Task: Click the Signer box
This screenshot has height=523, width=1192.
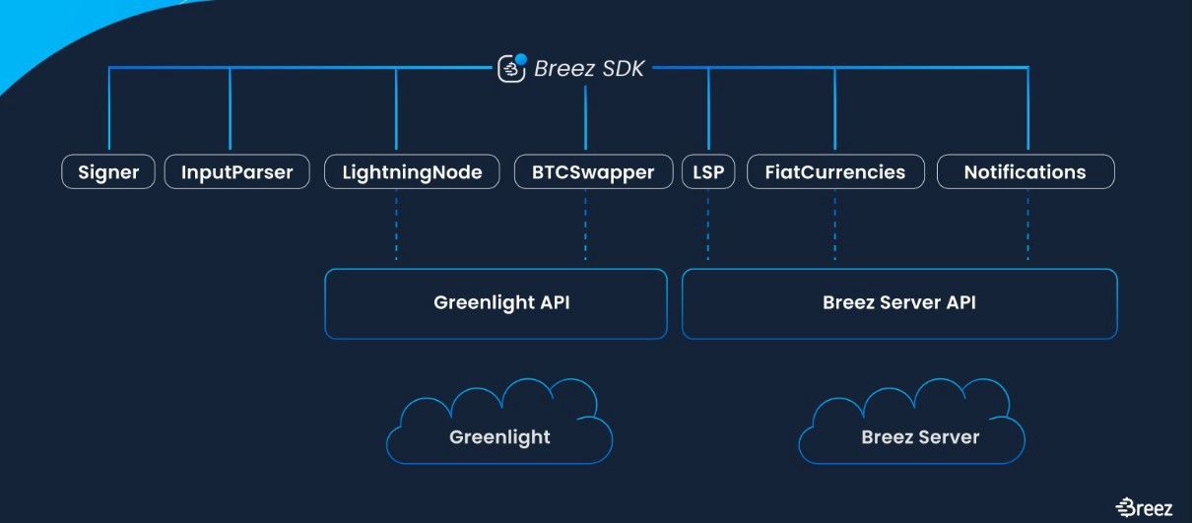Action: click(x=108, y=172)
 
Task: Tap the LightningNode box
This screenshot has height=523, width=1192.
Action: click(x=412, y=172)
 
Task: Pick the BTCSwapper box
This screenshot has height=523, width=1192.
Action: click(x=593, y=172)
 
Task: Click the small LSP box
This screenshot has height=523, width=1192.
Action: click(x=708, y=172)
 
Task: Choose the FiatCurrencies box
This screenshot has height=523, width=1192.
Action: click(x=835, y=172)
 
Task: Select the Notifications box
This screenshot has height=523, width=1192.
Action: click(x=1025, y=172)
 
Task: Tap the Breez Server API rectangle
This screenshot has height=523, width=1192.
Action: click(x=899, y=303)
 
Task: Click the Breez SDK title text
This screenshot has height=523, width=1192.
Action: click(x=589, y=69)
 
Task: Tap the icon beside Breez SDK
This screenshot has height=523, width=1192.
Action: click(x=511, y=67)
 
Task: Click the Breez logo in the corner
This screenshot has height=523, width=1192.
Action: click(x=1144, y=507)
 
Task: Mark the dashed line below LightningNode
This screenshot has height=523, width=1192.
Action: click(x=396, y=227)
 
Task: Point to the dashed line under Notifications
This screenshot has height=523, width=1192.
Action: click(x=1027, y=227)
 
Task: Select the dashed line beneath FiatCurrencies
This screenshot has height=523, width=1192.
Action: click(x=834, y=227)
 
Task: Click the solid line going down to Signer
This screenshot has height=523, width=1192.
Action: click(x=108, y=108)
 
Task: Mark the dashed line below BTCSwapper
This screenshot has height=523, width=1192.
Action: click(x=585, y=227)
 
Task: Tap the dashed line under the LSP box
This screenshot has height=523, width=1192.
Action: click(x=708, y=227)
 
